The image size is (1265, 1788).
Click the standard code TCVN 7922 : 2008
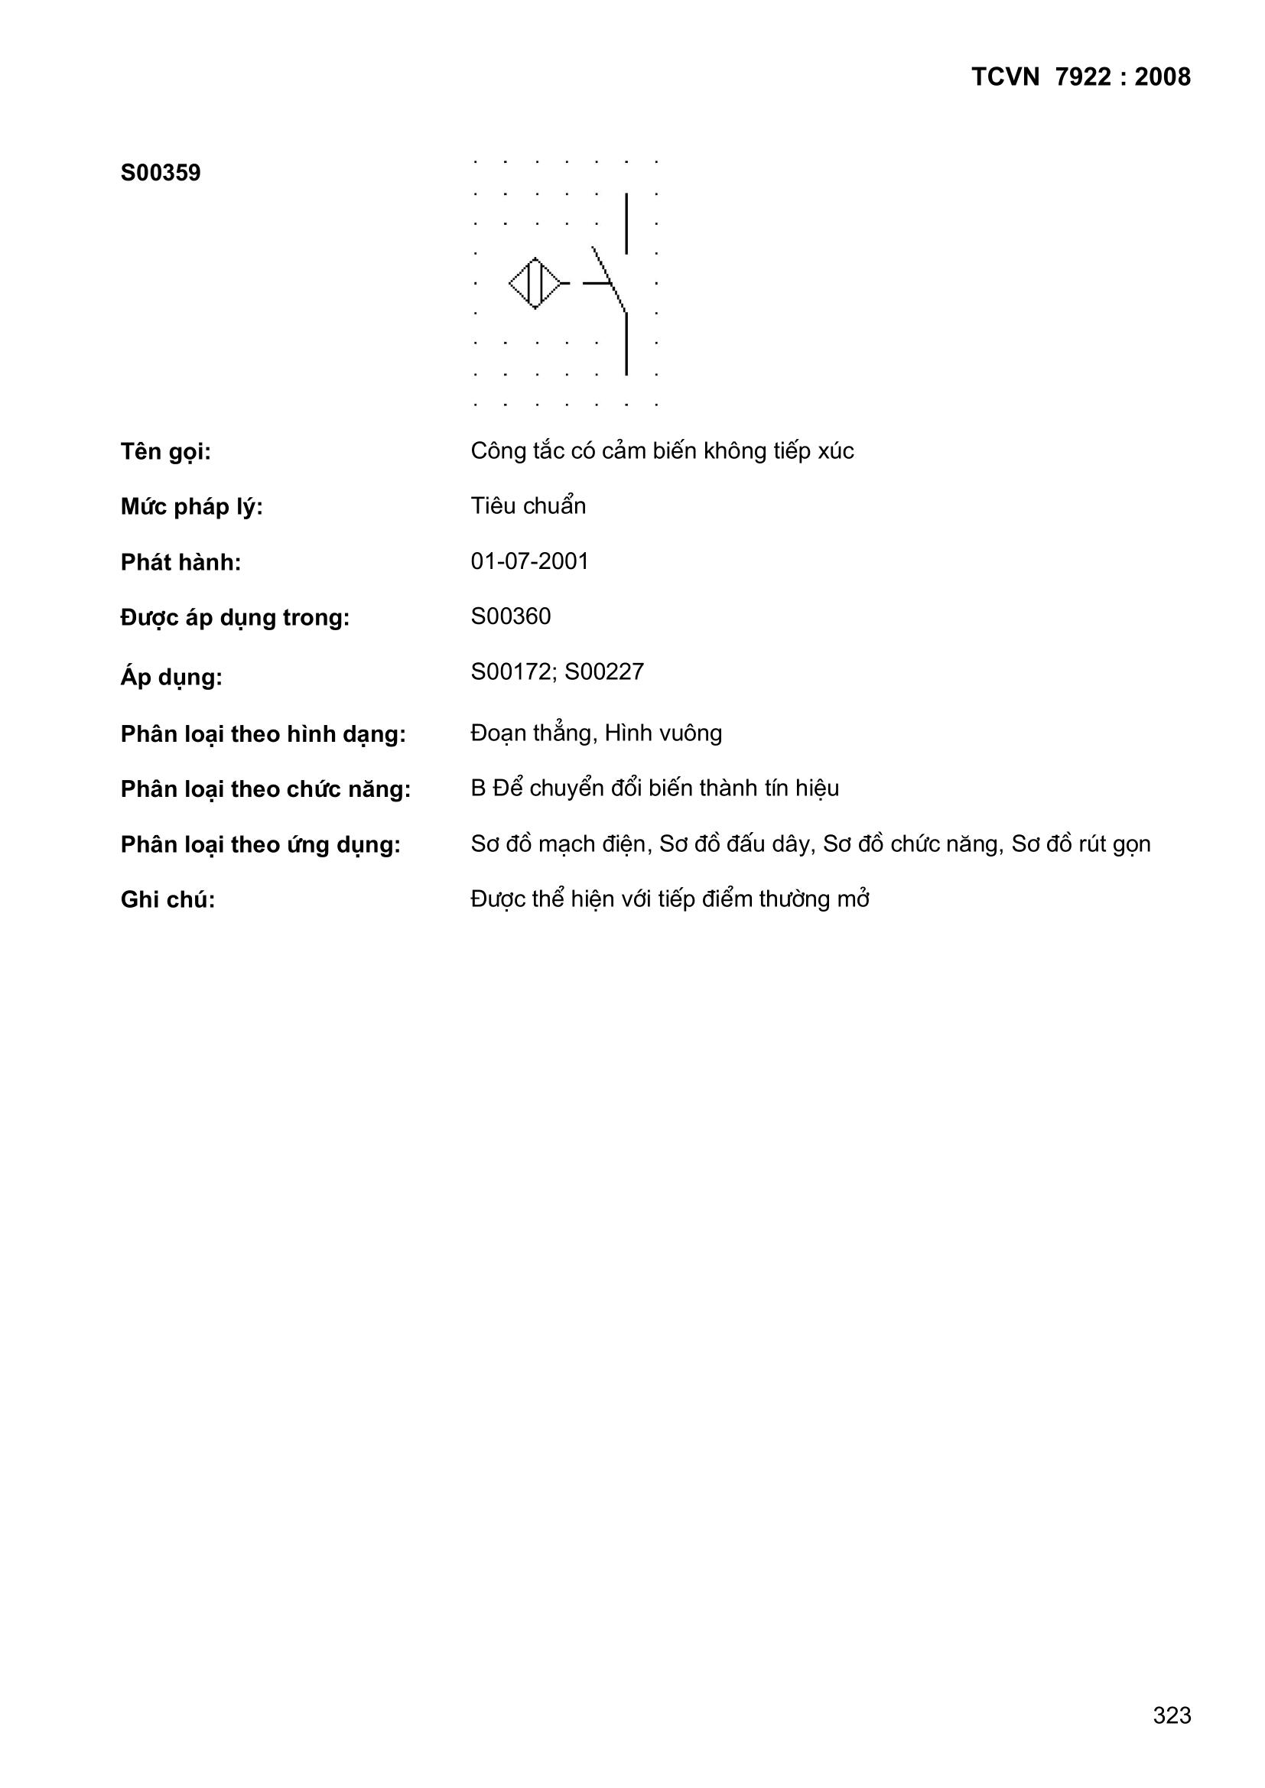pyautogui.click(x=1081, y=77)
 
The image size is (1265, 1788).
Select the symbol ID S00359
pyautogui.click(x=161, y=172)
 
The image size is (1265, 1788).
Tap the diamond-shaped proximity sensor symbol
pyautogui.click(x=535, y=283)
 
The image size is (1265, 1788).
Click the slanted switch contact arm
pyautogui.click(x=609, y=279)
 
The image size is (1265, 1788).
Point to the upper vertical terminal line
pyautogui.click(x=626, y=223)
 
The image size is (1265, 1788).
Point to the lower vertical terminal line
pyautogui.click(x=626, y=343)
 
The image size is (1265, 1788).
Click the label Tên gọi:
pyautogui.click(x=166, y=452)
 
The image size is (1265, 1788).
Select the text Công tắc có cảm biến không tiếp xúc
pyautogui.click(x=662, y=451)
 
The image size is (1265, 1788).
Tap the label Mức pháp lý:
pyautogui.click(x=192, y=507)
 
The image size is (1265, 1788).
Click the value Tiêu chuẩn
pyautogui.click(x=528, y=506)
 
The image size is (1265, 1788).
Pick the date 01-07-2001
pyautogui.click(x=530, y=561)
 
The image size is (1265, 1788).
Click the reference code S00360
pyautogui.click(x=510, y=616)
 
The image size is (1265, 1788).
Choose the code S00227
pyautogui.click(x=604, y=671)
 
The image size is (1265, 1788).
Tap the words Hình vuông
pyautogui.click(x=663, y=733)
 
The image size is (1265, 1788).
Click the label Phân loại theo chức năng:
pyautogui.click(x=265, y=790)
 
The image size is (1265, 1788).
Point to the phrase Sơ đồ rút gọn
pyautogui.click(x=1081, y=844)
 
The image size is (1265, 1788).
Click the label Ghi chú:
pyautogui.click(x=167, y=900)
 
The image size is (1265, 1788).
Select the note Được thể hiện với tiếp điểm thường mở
pyautogui.click(x=670, y=899)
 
